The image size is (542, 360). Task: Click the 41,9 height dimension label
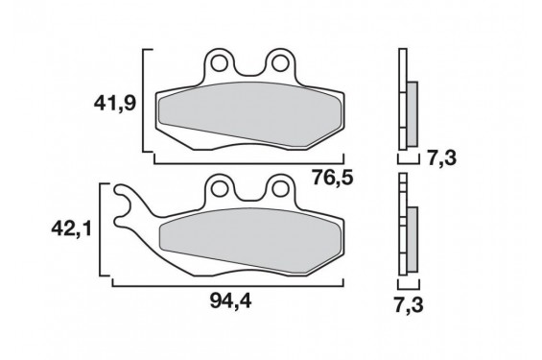coord(114,104)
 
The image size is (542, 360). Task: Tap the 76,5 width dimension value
coord(333,178)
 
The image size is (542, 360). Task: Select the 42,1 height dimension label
coord(72,228)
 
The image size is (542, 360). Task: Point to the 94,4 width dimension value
coord(231,300)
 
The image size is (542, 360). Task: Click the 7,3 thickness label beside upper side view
coord(442,158)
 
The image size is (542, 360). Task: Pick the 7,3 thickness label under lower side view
coord(409,305)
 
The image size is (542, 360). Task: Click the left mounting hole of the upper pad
coord(220,63)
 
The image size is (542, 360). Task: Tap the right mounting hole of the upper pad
coord(279,63)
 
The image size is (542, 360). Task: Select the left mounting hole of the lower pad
coord(220,189)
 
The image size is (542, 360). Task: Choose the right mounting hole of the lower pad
coord(279,189)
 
